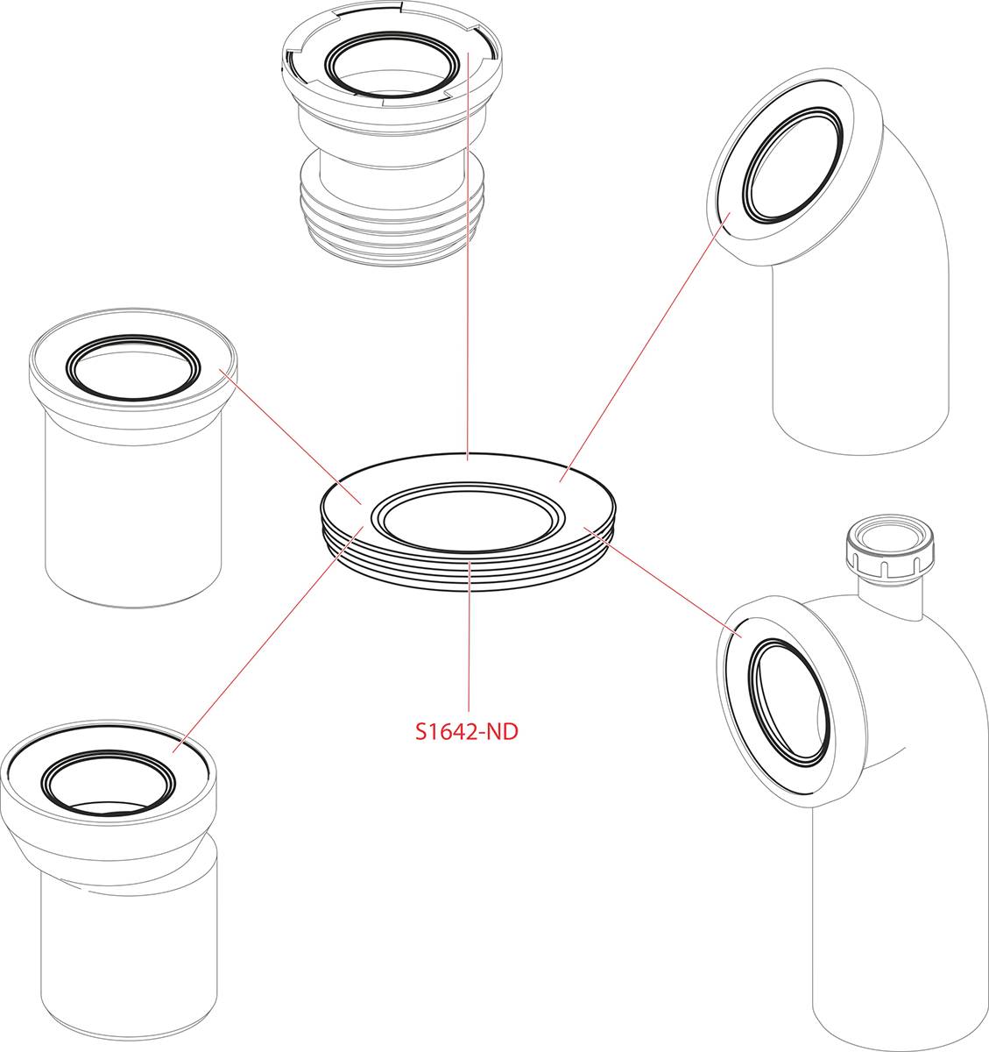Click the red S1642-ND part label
coord(466,731)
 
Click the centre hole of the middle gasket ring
coord(468,517)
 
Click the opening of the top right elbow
coord(793,165)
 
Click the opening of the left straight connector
coord(133,367)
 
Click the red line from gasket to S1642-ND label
coord(469,636)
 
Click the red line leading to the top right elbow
coord(645,347)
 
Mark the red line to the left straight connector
coord(290,437)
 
